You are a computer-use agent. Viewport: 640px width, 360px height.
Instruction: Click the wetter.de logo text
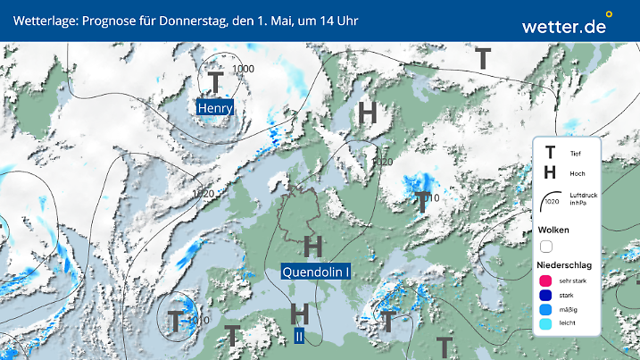[564, 27]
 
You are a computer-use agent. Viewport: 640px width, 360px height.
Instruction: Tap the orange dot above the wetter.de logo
[609, 14]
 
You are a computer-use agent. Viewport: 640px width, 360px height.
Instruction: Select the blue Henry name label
[215, 108]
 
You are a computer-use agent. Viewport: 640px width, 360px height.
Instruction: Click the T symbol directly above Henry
[215, 82]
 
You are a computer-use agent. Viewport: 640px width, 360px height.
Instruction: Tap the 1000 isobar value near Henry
[243, 69]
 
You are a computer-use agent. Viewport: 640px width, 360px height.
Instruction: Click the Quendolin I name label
[315, 272]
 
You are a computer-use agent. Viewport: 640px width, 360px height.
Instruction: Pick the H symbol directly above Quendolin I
[312, 245]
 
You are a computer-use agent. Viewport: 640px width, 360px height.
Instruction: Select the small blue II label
[300, 336]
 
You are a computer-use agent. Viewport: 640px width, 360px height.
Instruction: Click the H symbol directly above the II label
[301, 313]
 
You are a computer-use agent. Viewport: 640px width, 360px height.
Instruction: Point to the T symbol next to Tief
[551, 154]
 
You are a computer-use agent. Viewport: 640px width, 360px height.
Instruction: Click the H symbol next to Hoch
[551, 173]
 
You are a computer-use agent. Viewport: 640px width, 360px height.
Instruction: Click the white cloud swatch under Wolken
[546, 246]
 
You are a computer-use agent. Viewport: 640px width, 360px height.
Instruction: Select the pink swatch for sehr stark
[546, 280]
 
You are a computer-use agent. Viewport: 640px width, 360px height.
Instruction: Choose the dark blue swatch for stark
[546, 295]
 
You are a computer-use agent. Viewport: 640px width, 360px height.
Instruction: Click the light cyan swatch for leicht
[546, 324]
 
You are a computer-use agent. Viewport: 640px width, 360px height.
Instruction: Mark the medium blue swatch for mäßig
[546, 310]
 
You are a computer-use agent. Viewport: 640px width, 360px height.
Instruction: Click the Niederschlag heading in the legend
[565, 265]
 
